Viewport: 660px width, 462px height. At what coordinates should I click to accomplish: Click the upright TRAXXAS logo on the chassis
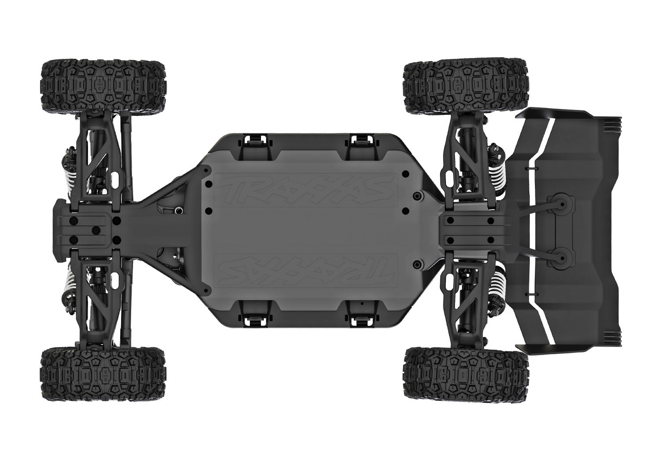coord(306,190)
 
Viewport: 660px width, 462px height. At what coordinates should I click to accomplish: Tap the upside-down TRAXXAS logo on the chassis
coord(306,270)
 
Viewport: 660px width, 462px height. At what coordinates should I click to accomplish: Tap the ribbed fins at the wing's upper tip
coord(613,125)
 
